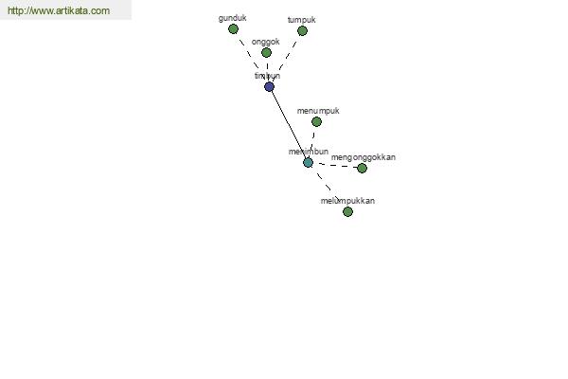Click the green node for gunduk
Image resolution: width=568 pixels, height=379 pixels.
[x=233, y=29]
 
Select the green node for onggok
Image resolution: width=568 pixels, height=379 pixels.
[x=266, y=53]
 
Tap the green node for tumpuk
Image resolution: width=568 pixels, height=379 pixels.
[x=302, y=31]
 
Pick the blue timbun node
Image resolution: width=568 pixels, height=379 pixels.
[x=270, y=87]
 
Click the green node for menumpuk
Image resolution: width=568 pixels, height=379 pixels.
[x=316, y=122]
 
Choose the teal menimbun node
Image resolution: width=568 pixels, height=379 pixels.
[x=308, y=163]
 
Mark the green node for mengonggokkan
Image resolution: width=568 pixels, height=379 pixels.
[x=362, y=169]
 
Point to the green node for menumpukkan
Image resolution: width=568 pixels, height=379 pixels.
[x=347, y=212]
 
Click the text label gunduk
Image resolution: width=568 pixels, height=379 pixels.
[x=233, y=17]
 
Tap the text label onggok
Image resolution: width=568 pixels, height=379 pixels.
[x=266, y=42]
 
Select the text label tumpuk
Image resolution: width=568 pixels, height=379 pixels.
[x=302, y=19]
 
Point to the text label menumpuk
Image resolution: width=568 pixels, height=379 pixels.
[x=318, y=111]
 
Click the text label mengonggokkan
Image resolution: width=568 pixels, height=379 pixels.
[x=364, y=157]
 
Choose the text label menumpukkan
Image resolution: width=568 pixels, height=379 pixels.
[x=348, y=201]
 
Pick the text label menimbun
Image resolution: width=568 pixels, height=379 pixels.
[x=309, y=152]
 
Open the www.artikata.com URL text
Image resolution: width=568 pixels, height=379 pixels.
[x=59, y=11]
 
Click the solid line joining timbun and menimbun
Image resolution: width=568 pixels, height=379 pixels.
[x=289, y=125]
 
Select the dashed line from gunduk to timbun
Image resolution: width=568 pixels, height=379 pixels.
[x=250, y=56]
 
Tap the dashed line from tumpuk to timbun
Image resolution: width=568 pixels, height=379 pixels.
[x=287, y=58]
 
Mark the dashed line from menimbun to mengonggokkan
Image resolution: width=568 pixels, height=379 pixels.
[x=335, y=166]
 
